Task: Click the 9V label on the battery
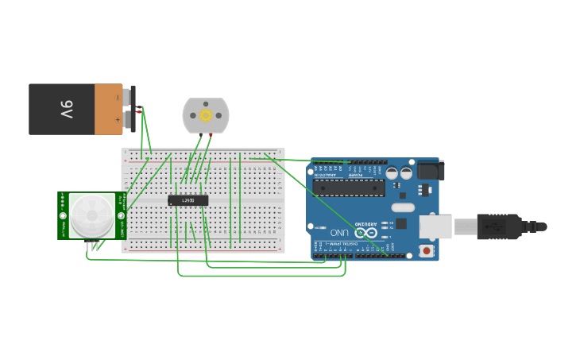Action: pos(66,109)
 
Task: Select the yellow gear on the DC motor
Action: pos(206,115)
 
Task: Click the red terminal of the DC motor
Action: pos(211,135)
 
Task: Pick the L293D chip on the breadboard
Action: pos(188,200)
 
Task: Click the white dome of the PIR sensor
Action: pos(91,215)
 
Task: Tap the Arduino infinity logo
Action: pos(365,233)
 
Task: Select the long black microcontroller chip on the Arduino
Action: pos(349,188)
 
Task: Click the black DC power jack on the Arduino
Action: pos(430,170)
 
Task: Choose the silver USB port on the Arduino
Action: pos(435,226)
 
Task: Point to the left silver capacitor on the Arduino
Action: pos(392,172)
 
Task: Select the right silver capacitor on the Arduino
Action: pos(406,172)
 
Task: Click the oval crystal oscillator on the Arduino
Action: pos(403,207)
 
